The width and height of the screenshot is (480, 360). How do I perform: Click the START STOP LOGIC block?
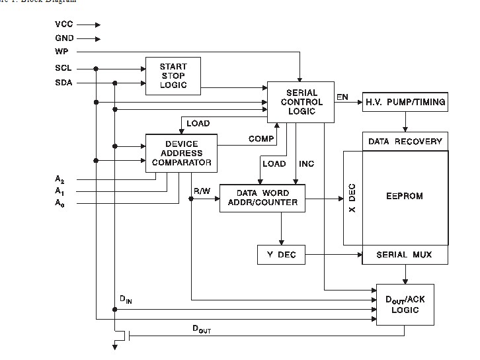pyautogui.click(x=173, y=75)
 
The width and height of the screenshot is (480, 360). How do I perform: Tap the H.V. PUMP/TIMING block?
pyautogui.click(x=405, y=102)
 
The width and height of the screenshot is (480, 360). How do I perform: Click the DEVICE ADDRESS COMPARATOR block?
pyautogui.click(x=180, y=154)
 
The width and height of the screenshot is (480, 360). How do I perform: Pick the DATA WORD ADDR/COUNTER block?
pyautogui.click(x=262, y=197)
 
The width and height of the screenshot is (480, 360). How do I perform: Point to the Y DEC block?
pyautogui.click(x=281, y=254)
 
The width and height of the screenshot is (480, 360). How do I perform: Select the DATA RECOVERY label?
pyautogui.click(x=405, y=141)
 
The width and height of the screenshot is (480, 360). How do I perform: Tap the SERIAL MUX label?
pyautogui.click(x=405, y=254)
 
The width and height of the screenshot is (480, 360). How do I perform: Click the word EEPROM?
pyautogui.click(x=405, y=196)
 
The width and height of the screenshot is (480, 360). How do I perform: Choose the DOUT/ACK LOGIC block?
pyautogui.click(x=405, y=304)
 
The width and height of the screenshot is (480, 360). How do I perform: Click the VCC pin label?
pyautogui.click(x=64, y=24)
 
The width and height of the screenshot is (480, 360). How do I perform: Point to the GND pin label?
pyautogui.click(x=64, y=38)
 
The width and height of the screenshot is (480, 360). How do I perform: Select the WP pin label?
pyautogui.click(x=61, y=52)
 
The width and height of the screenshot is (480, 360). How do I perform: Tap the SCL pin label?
pyautogui.click(x=63, y=68)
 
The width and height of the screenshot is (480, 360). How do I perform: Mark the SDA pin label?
pyautogui.click(x=63, y=83)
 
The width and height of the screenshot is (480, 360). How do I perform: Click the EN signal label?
pyautogui.click(x=342, y=97)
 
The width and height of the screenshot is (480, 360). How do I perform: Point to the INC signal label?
pyautogui.click(x=306, y=163)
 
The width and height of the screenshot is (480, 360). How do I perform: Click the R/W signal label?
pyautogui.click(x=202, y=191)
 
